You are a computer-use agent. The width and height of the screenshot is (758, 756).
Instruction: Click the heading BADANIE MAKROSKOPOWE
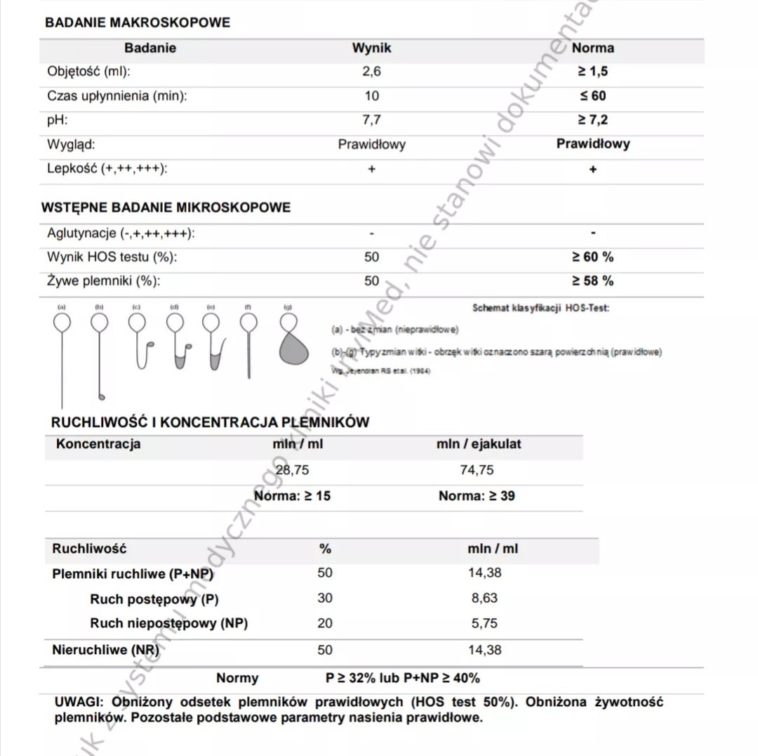138,22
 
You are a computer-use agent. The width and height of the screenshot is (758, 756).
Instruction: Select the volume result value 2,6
372,72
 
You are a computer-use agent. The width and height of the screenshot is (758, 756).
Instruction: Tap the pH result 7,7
372,120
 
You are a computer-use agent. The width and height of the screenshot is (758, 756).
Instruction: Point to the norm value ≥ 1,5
592,72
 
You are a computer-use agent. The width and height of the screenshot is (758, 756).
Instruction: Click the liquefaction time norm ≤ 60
592,96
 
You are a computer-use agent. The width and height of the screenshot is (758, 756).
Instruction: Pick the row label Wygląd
71,145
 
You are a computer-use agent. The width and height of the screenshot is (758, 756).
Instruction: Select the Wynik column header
372,48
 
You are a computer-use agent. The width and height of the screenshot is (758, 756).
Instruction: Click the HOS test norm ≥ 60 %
592,257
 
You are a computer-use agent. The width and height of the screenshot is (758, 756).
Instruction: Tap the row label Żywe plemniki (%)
103,281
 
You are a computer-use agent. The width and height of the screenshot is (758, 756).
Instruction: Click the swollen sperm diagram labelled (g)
293,340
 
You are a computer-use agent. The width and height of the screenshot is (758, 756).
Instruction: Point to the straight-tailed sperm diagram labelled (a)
62,351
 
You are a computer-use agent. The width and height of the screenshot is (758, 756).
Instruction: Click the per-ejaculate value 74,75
477,470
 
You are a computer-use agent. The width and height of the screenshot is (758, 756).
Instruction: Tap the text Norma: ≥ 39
477,496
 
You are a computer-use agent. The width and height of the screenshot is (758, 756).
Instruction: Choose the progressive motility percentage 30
325,598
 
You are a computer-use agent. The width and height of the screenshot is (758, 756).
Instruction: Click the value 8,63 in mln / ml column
485,598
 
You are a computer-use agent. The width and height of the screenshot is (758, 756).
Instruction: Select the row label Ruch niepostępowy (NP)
168,623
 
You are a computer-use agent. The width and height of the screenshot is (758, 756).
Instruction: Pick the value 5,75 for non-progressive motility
485,623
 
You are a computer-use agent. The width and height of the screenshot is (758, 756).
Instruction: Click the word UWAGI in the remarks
79,702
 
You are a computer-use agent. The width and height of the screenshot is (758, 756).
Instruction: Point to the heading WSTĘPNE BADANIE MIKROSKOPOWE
166,208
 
